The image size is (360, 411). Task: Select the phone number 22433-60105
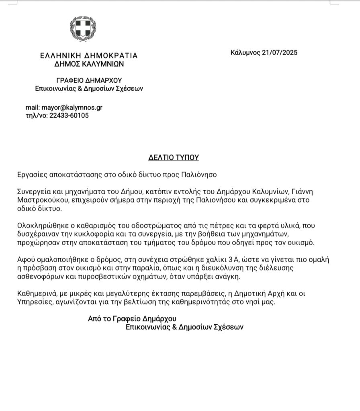69,116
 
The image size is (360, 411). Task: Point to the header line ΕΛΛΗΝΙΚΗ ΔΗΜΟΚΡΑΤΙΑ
89,55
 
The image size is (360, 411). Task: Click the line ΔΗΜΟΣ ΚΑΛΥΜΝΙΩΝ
89,63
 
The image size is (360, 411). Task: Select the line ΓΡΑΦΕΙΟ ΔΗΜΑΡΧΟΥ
89,80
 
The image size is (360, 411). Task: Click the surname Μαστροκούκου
37,200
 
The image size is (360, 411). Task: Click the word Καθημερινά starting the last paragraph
35,294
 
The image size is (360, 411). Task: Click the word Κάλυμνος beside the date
245,53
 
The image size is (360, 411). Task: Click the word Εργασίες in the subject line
31,175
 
